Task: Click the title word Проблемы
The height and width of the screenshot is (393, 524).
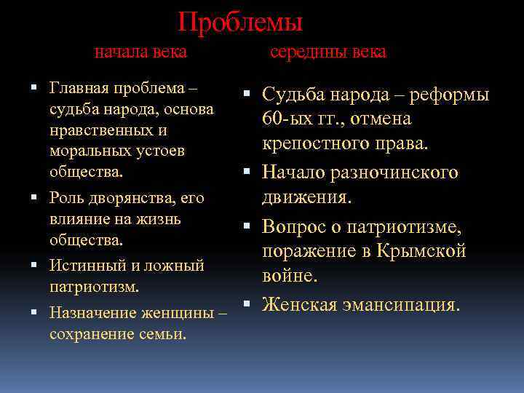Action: coord(241,22)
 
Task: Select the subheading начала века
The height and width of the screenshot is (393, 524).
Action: coord(141,52)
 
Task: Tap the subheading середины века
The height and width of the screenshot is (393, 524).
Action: coord(328,52)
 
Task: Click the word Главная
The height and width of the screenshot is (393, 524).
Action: coord(78,89)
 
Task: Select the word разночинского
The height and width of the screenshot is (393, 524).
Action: coord(397,172)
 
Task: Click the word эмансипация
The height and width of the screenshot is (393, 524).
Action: coord(401,304)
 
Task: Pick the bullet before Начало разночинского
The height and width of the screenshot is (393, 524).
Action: coord(247,172)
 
